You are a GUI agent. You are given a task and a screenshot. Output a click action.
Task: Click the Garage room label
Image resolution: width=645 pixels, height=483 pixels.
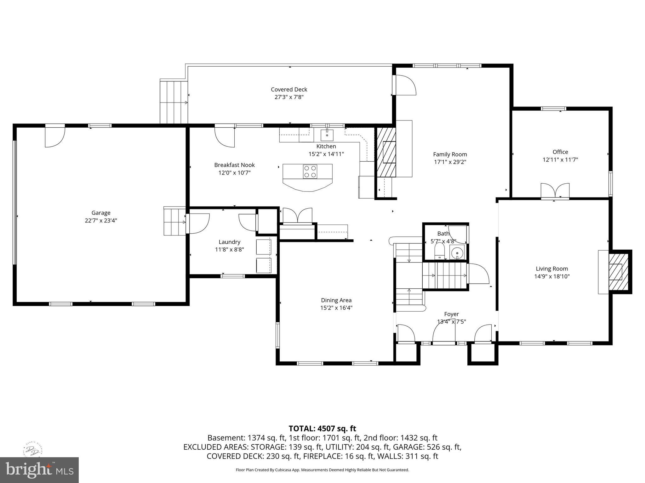point(101,213)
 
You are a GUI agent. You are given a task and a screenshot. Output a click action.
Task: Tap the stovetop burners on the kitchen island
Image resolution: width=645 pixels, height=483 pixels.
point(310,172)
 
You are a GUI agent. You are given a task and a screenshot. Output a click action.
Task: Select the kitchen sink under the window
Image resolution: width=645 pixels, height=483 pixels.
point(327,135)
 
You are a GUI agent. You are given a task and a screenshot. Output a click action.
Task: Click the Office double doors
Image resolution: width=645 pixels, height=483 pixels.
point(555,191)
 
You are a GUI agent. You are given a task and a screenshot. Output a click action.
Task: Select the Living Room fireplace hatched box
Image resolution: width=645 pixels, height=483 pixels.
point(618,272)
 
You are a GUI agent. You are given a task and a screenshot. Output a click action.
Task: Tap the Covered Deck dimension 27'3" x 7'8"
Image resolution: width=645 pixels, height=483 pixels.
point(289,97)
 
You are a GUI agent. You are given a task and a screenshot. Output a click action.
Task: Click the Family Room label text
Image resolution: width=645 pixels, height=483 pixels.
point(450,154)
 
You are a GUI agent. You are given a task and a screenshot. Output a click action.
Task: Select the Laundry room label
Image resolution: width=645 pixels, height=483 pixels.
point(229,242)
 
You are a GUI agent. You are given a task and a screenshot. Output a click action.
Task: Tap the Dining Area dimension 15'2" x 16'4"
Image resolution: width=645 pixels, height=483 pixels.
point(336,308)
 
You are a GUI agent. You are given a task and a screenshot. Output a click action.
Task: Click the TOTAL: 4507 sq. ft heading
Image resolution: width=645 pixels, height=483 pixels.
point(322,429)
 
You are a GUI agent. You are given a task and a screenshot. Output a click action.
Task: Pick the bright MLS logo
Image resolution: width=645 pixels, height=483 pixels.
point(39,470)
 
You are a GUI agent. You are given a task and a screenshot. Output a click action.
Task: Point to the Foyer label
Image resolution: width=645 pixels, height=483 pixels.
point(451,314)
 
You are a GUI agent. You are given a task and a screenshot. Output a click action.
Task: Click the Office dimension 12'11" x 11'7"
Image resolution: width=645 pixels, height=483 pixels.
point(560,160)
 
